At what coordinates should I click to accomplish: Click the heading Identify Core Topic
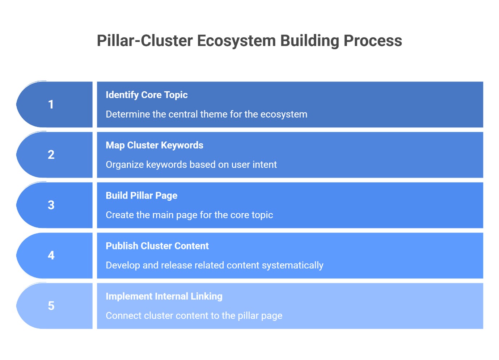click(x=147, y=95)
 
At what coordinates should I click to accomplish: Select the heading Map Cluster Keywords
click(x=154, y=145)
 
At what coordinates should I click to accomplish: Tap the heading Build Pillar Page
click(x=141, y=196)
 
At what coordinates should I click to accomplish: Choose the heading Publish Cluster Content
click(x=157, y=246)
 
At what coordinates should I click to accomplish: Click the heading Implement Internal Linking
click(x=164, y=296)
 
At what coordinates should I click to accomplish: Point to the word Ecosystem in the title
click(x=236, y=41)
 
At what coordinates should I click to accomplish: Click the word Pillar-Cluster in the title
click(x=145, y=41)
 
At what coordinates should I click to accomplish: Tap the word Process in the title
click(x=373, y=41)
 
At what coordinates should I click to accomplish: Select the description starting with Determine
click(x=206, y=114)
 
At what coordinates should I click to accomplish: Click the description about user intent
click(x=191, y=165)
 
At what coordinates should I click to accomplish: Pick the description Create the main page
click(x=189, y=215)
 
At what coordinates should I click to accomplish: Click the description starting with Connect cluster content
click(x=194, y=316)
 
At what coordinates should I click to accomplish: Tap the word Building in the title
click(x=309, y=41)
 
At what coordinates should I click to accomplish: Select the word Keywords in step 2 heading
click(x=182, y=145)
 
